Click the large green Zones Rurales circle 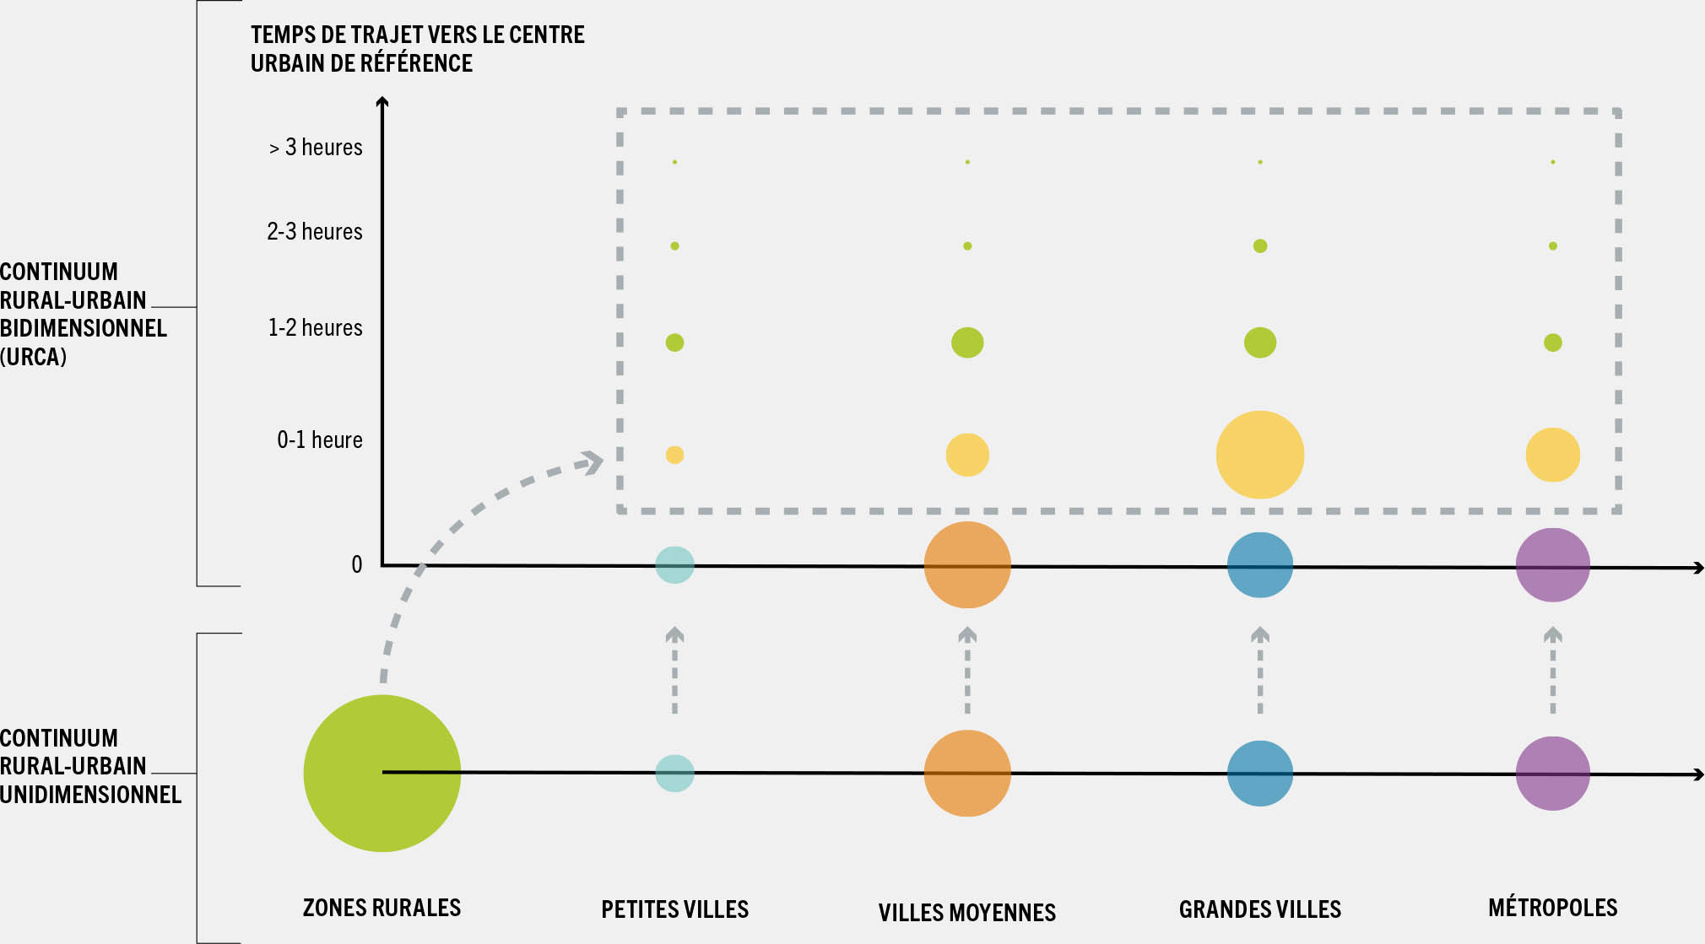click(x=382, y=773)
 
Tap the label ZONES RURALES click(x=382, y=908)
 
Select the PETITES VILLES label click(x=674, y=909)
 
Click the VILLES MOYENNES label click(x=966, y=912)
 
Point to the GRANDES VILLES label click(x=1259, y=909)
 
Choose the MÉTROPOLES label click(x=1552, y=908)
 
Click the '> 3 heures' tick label click(x=316, y=148)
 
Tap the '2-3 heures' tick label click(x=315, y=231)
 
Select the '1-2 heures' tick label click(x=315, y=327)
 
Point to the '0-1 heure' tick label click(x=320, y=440)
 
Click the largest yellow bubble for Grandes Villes click(x=1259, y=455)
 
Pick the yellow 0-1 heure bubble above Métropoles click(x=1552, y=455)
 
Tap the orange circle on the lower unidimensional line click(x=967, y=773)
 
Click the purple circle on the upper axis click(x=1552, y=564)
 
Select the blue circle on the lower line click(x=1259, y=773)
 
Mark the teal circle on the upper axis click(x=674, y=564)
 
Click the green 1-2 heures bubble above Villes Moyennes click(x=967, y=343)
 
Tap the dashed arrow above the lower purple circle click(x=1552, y=671)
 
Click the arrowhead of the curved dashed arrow click(x=593, y=462)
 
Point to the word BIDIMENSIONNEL click(x=83, y=328)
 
